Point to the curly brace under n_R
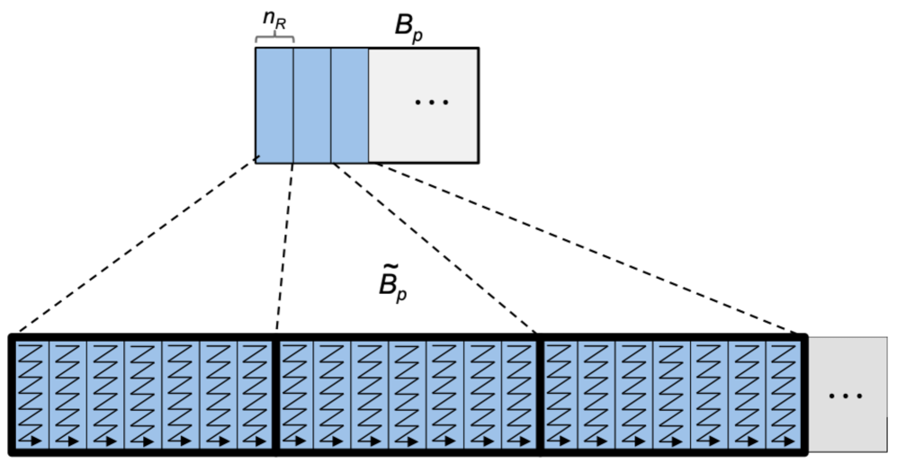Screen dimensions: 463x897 [274, 38]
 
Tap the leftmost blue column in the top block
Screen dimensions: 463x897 [274, 104]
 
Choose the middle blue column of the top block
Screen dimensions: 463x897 [312, 104]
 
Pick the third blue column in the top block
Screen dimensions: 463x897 [350, 104]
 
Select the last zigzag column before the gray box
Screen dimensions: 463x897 [784, 393]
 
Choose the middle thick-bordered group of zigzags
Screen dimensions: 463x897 [407, 393]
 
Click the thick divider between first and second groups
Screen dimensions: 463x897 [274, 393]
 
